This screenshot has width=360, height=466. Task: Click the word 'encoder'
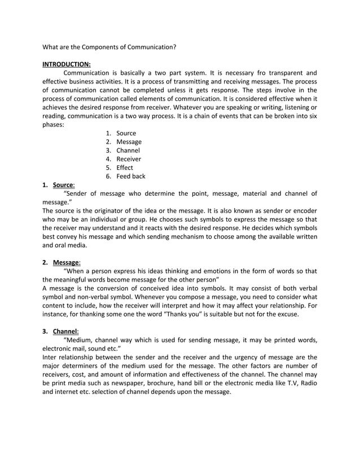[x=304, y=210]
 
